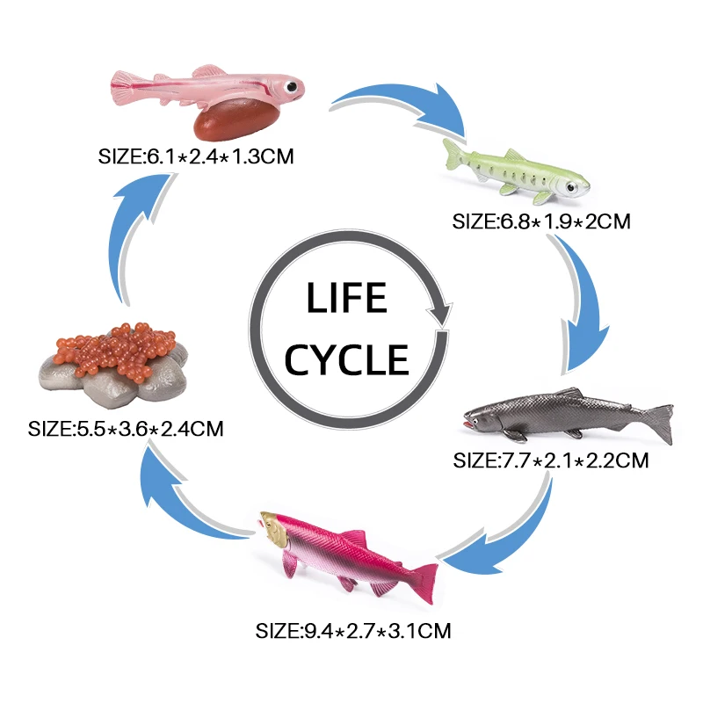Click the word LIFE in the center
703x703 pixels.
pyautogui.click(x=346, y=299)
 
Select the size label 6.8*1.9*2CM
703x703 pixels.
pyautogui.click(x=542, y=221)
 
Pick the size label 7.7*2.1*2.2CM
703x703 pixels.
pyautogui.click(x=551, y=460)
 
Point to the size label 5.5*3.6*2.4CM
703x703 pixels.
pyautogui.click(x=127, y=430)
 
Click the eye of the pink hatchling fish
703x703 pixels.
pyautogui.click(x=286, y=87)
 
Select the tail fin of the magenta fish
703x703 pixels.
pyautogui.click(x=424, y=581)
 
